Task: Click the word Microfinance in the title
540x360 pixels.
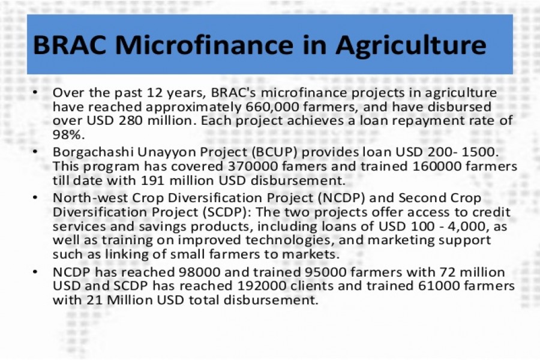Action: (203, 45)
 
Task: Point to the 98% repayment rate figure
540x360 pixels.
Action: (68, 134)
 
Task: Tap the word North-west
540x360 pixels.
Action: (90, 198)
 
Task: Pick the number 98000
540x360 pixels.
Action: (199, 272)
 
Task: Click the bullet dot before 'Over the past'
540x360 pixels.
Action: (35, 92)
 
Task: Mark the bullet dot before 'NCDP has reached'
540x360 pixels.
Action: (35, 272)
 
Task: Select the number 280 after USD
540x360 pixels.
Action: (131, 121)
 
